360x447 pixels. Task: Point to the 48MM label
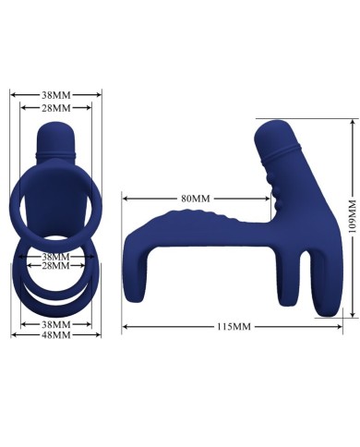tap(55, 333)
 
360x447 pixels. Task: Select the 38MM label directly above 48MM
tap(55, 322)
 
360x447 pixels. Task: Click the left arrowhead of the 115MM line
tap(125, 326)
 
